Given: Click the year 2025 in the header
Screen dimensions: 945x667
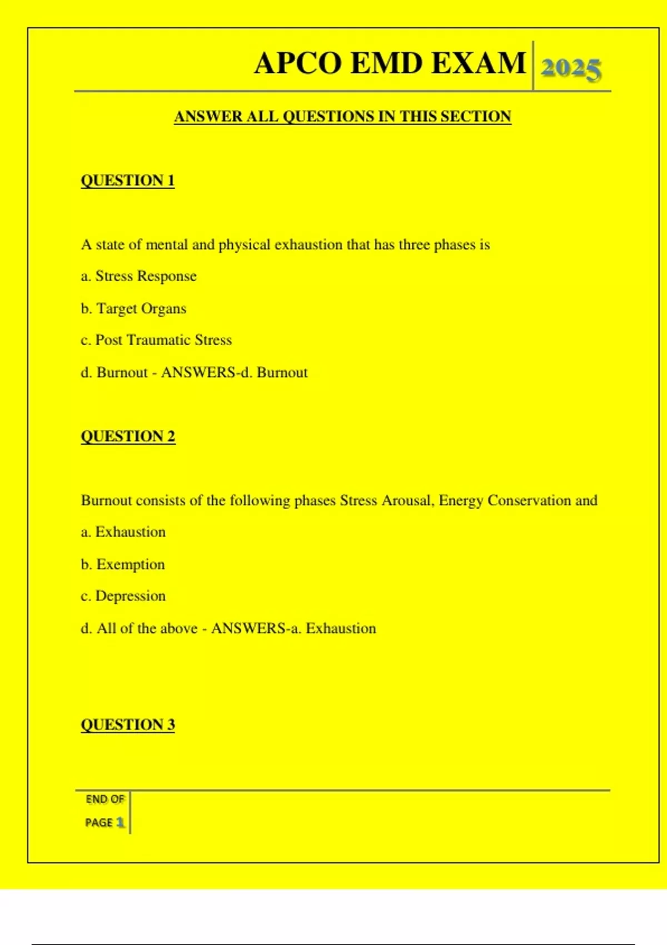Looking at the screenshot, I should pos(571,69).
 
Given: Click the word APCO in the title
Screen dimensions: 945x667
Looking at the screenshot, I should pos(297,63).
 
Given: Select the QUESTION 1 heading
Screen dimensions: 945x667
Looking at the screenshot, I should pos(128,181).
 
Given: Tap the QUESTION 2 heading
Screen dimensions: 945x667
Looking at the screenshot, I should pos(128,436).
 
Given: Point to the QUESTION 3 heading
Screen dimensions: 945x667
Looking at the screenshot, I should pos(128,725).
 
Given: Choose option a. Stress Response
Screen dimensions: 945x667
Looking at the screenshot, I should pos(139,276).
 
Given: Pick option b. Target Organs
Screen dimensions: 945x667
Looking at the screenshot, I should pos(133,309).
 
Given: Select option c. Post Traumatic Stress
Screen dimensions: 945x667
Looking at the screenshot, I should pos(156,340).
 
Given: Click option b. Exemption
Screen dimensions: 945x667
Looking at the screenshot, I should pos(123,565).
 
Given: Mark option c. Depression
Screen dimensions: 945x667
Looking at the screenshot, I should pos(123,596).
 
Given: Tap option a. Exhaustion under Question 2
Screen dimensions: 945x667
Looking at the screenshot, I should pos(123,533).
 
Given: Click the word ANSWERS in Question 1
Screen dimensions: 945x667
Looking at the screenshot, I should pos(198,372).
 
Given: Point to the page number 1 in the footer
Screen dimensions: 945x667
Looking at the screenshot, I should pos(120,823).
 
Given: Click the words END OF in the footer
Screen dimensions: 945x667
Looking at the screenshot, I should pos(104,799).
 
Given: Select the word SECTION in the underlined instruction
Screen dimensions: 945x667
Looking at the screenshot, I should pos(476,117).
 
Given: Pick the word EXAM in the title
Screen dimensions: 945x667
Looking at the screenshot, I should pos(479,63).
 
